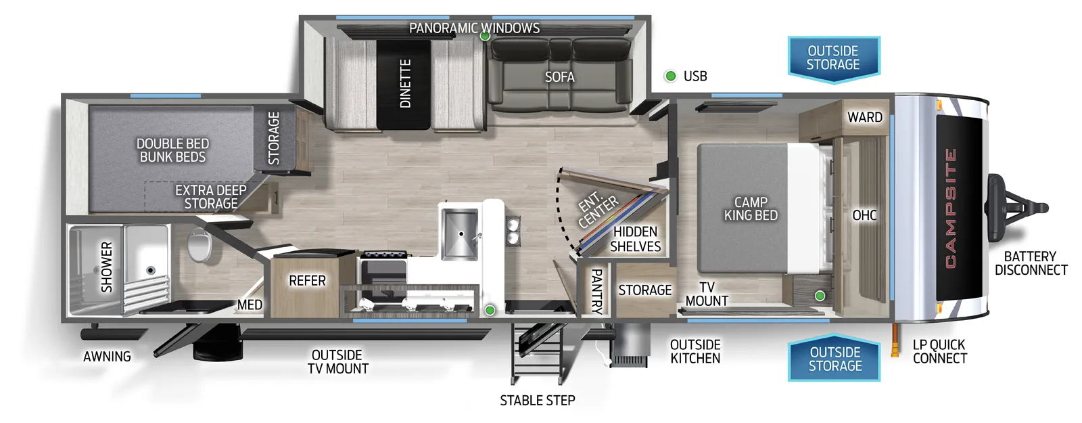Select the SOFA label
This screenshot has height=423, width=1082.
[559, 77]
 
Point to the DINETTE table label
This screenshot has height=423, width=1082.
[405, 83]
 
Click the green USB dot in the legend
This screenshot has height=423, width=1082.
[670, 76]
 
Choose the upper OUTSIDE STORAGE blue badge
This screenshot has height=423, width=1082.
[833, 58]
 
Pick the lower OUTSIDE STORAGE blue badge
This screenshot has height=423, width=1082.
[834, 359]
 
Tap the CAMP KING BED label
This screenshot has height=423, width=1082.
[751, 208]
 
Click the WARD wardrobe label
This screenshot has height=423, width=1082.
[864, 117]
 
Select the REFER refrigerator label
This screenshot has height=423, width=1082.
[307, 280]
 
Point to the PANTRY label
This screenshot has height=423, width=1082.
[596, 292]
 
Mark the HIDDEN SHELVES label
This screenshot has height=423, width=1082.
[635, 239]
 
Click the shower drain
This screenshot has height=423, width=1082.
[151, 270]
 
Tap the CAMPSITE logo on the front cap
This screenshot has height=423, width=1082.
[950, 208]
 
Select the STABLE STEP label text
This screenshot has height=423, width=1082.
[537, 400]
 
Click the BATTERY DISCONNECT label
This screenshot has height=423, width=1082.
[1031, 263]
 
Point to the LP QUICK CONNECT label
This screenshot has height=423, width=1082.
[939, 351]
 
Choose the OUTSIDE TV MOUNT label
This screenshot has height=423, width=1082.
[337, 361]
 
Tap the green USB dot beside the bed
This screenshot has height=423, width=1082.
[820, 296]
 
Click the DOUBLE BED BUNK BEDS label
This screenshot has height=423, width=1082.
[172, 150]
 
